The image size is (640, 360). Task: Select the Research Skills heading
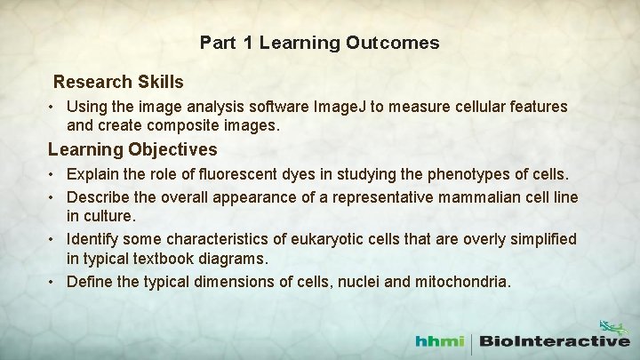[x=118, y=82]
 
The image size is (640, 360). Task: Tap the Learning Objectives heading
[x=132, y=148]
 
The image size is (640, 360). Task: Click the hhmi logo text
[x=444, y=340]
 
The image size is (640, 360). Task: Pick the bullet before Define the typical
[x=54, y=283]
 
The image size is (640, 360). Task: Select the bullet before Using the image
[x=54, y=107]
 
